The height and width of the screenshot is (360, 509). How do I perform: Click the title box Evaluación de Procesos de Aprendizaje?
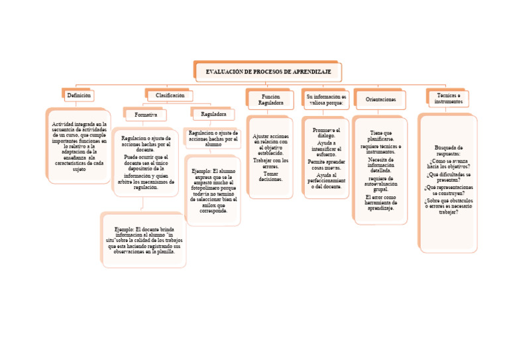pos(268,71)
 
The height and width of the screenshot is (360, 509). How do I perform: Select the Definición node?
pos(78,95)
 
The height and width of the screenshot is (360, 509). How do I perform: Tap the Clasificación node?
pos(170,95)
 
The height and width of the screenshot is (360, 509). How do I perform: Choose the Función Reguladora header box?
pos(271,99)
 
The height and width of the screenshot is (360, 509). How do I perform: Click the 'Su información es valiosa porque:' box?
pos(325,99)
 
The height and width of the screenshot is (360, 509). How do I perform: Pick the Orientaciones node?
pos(381,99)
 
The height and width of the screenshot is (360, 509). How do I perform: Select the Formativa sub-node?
pos(146,115)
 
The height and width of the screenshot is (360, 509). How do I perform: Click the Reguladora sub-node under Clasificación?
pos(213,115)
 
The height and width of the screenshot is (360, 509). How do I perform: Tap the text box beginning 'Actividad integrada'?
pos(78,147)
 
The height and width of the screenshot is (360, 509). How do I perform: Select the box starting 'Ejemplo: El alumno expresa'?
pos(213,191)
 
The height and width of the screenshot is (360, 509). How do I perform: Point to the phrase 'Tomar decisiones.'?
pos(270,176)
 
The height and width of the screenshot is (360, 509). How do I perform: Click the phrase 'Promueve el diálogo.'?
pos(325,132)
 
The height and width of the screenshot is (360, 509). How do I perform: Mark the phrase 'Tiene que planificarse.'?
pos(381,136)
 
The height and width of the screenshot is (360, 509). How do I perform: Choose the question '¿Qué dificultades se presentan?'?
pos(449,177)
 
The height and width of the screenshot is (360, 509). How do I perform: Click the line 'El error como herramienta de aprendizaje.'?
pos(381,202)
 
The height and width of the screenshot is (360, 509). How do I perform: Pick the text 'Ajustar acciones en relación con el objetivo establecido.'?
pos(270,144)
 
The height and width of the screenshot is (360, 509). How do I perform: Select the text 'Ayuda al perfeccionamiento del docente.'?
pos(325,180)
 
